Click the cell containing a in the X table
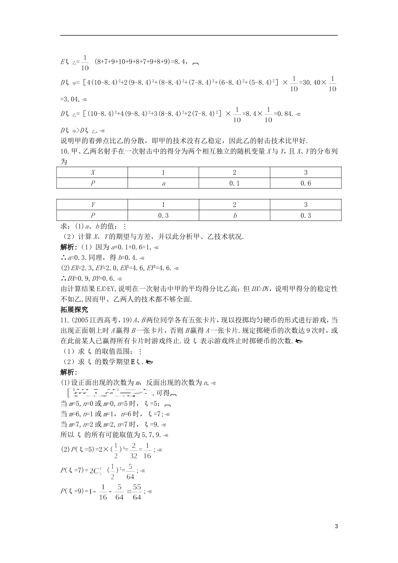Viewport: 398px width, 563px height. click(163, 183)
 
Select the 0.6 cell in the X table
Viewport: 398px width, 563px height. click(306, 183)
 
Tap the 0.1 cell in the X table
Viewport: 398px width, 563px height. click(235, 183)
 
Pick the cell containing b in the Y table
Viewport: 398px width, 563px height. click(235, 215)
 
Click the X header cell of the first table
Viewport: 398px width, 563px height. click(93, 173)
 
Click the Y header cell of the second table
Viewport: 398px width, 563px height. click(93, 205)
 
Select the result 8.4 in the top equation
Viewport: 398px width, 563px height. click(178, 61)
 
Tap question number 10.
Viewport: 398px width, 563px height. click(65, 152)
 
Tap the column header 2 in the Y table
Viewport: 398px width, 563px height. click(235, 205)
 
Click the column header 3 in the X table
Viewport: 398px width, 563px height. click(306, 173)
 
